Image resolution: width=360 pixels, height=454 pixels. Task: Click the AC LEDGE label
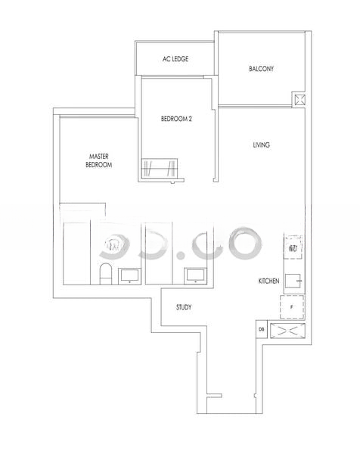pyautogui.click(x=175, y=59)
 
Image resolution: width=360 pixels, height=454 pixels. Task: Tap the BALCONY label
pyautogui.click(x=261, y=69)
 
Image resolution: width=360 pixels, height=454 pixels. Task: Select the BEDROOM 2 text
pyautogui.click(x=176, y=119)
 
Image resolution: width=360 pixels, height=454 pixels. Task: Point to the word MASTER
pyautogui.click(x=98, y=157)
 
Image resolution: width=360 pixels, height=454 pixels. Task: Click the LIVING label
pyautogui.click(x=261, y=145)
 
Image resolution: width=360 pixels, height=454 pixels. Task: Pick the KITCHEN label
pyautogui.click(x=268, y=281)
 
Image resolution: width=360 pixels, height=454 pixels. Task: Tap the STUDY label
pyautogui.click(x=184, y=307)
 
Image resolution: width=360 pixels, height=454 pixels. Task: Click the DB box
pyautogui.click(x=262, y=329)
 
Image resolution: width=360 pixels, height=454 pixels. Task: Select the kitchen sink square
pyautogui.click(x=293, y=281)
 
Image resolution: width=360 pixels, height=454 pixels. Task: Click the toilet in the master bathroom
pyautogui.click(x=105, y=274)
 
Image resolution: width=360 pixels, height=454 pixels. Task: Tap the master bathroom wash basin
pyautogui.click(x=129, y=275)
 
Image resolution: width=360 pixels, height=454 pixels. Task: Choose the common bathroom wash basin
pyautogui.click(x=196, y=275)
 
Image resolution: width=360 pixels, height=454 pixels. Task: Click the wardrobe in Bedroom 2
pyautogui.click(x=159, y=168)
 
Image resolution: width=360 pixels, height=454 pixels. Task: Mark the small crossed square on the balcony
pyautogui.click(x=299, y=100)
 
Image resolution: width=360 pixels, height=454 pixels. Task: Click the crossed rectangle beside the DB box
pyautogui.click(x=287, y=331)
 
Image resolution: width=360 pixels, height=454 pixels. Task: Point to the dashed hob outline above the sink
pyautogui.click(x=293, y=247)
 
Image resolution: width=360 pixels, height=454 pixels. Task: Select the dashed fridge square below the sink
pyautogui.click(x=292, y=307)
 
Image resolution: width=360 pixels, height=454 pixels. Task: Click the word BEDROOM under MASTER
pyautogui.click(x=98, y=165)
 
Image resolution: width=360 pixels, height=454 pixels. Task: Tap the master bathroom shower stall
pyautogui.click(x=76, y=253)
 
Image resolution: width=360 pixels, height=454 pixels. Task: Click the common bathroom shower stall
pyautogui.click(x=159, y=253)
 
